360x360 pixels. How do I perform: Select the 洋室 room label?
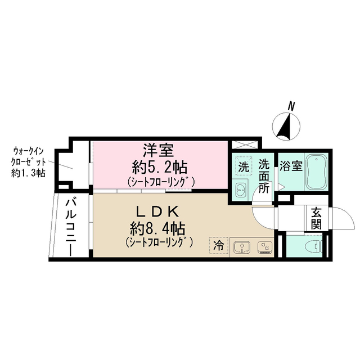(159, 151)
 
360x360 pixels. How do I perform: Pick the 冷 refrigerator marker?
(218, 245)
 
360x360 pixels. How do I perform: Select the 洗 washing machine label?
(243, 166)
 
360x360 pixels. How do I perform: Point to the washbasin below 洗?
(241, 188)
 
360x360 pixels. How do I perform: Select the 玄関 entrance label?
(316, 218)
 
